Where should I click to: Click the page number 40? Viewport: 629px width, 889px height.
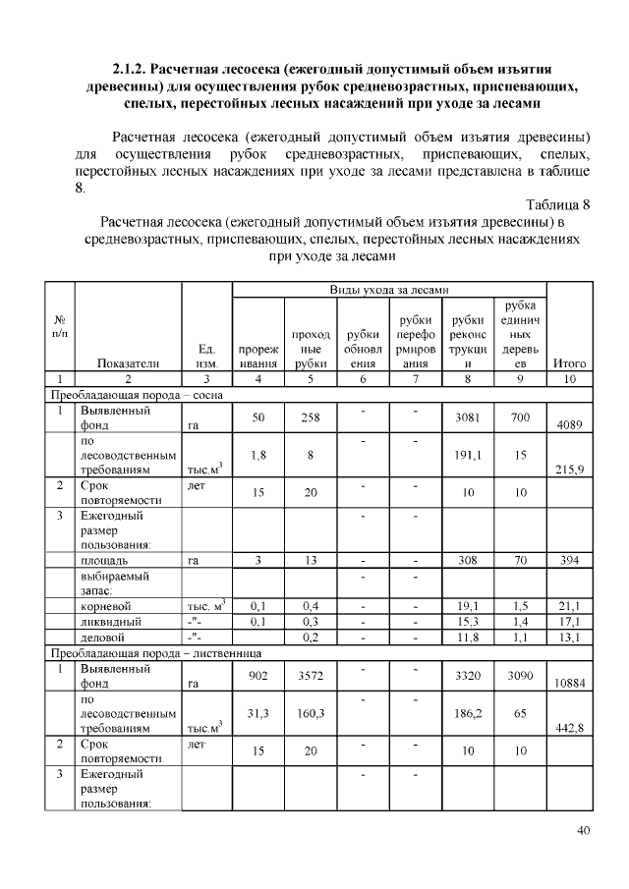click(x=583, y=832)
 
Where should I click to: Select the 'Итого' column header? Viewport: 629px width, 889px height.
click(x=570, y=362)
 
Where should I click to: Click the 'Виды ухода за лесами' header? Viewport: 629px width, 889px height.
click(x=388, y=291)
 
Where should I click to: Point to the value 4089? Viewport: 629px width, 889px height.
click(x=570, y=426)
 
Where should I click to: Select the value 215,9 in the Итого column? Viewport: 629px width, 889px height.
click(x=570, y=470)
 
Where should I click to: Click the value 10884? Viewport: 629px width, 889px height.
click(x=570, y=682)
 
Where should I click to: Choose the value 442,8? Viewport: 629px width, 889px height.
click(x=570, y=726)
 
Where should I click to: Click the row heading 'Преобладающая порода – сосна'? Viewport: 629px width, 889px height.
click(x=138, y=394)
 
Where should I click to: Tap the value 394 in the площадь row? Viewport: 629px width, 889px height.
click(x=570, y=561)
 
